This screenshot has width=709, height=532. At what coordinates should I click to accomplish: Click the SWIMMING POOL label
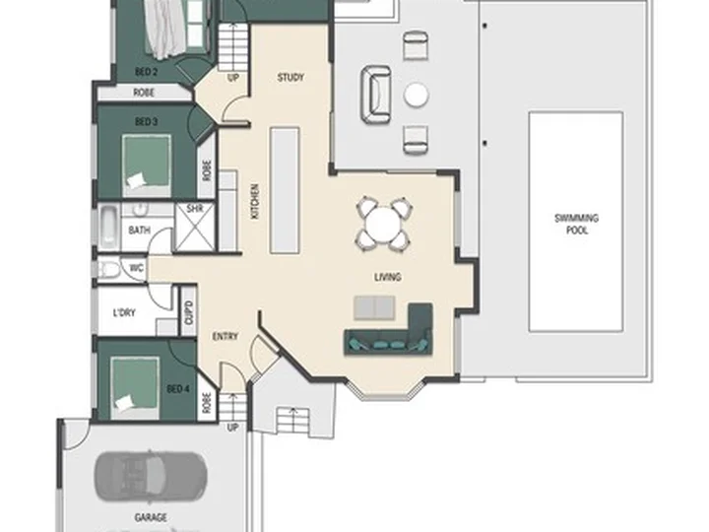(576, 224)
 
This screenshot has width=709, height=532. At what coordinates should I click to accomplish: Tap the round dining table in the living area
(383, 225)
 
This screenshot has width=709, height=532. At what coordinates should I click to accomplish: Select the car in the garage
(151, 477)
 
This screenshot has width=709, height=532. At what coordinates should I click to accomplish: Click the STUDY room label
(290, 78)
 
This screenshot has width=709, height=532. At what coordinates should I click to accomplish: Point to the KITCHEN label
(255, 202)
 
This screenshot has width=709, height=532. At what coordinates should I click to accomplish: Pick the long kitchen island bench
(285, 190)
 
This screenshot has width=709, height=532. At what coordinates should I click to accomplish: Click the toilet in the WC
(107, 270)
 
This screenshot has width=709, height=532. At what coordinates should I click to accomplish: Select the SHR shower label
(194, 209)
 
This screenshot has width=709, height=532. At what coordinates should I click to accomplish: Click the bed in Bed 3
(147, 166)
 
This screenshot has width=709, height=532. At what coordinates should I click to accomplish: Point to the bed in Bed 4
(135, 388)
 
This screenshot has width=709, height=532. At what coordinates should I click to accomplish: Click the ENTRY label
(226, 337)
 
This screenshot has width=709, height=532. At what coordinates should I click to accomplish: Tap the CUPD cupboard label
(189, 312)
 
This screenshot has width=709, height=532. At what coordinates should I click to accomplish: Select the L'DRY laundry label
(124, 312)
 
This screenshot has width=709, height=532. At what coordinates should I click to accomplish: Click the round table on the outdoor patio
(416, 95)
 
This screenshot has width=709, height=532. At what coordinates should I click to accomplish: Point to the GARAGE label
(151, 517)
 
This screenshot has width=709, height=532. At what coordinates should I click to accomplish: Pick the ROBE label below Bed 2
(144, 93)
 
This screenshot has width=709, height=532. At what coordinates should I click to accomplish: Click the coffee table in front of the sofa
(374, 307)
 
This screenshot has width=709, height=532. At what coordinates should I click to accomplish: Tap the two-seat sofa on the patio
(376, 95)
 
